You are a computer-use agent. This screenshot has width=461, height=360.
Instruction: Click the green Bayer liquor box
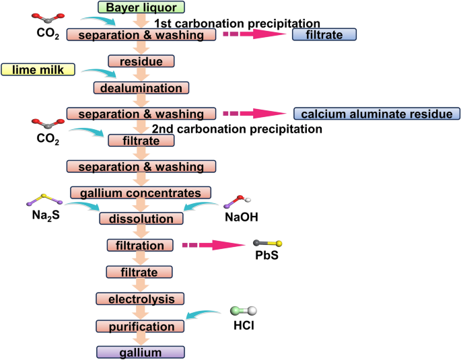point(141,7)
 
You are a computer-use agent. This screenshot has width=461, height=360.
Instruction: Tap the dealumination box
point(141,87)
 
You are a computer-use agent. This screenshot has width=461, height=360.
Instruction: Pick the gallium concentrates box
point(141,192)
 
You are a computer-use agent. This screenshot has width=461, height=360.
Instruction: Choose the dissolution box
point(141,219)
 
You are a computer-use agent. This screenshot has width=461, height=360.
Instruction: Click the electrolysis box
point(141,298)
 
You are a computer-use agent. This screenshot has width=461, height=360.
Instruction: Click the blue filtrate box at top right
point(324,34)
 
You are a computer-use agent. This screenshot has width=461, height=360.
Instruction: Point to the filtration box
point(141,246)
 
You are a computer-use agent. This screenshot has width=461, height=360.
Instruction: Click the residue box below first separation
point(141,61)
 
